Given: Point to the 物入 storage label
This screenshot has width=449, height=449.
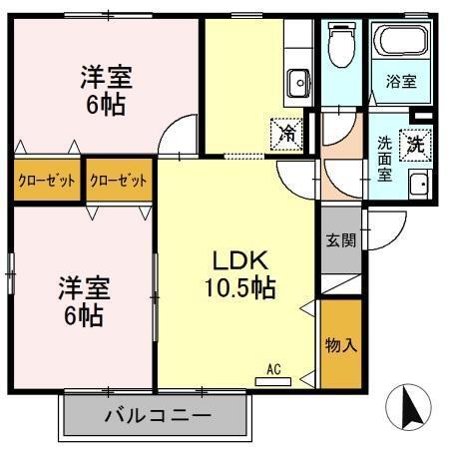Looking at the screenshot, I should (340, 346).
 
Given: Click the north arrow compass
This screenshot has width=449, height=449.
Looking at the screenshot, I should (409, 406).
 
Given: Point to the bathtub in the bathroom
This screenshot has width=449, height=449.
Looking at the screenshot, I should (400, 42).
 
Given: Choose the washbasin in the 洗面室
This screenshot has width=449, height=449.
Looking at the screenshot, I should (420, 185).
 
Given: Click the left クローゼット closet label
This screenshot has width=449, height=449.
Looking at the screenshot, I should (47, 181).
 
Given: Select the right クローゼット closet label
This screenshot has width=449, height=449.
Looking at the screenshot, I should (119, 181).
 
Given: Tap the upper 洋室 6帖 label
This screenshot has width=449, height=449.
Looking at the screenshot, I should (105, 89).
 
